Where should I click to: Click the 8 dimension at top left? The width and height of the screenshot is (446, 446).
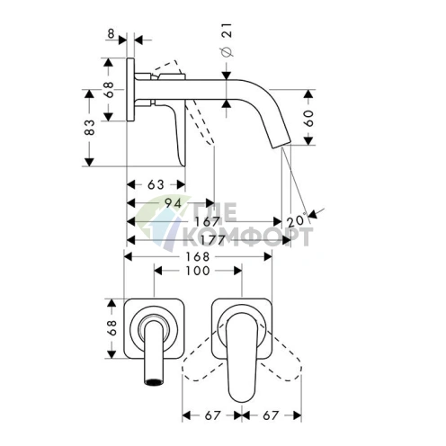pyautogui.click(x=111, y=33)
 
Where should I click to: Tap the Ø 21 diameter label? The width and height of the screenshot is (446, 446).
pyautogui.click(x=227, y=40)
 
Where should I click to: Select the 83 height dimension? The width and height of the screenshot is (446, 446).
pyautogui.click(x=90, y=128)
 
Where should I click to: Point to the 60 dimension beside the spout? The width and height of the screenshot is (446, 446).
pyautogui.click(x=308, y=118)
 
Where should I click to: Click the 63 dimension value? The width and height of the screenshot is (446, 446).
pyautogui.click(x=156, y=184)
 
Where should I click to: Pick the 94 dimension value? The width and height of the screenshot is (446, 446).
pyautogui.click(x=174, y=203)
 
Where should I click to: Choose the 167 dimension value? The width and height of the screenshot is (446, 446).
pyautogui.click(x=208, y=222)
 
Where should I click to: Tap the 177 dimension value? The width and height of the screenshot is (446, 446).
pyautogui.click(x=212, y=240)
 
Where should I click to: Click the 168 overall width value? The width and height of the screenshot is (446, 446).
pyautogui.click(x=198, y=256)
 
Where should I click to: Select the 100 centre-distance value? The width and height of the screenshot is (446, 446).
pyautogui.click(x=198, y=271)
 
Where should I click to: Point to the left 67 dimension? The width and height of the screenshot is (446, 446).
pyautogui.click(x=213, y=415)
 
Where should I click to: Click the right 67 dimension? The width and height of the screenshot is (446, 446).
pyautogui.click(x=271, y=415)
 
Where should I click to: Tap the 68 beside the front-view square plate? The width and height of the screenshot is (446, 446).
pyautogui.click(x=111, y=327)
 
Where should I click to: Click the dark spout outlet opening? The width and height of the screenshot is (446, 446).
pyautogui.click(x=155, y=382)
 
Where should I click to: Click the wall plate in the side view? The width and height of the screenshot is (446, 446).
pyautogui.click(x=130, y=90)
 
